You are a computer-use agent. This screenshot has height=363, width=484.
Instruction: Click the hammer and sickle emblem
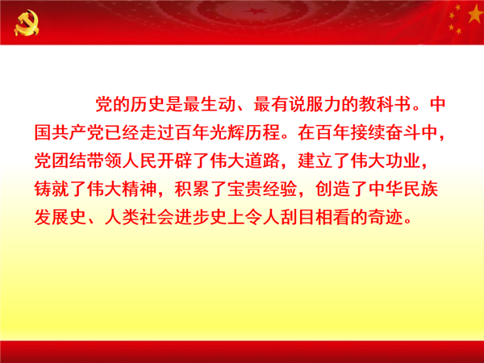(x=27, y=23)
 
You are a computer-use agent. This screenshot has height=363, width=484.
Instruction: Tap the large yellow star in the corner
(x=476, y=14)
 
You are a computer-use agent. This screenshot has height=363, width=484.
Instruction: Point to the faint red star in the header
(x=256, y=11)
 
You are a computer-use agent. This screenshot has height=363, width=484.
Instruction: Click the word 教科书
(x=385, y=104)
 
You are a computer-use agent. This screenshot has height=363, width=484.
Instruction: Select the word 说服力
(x=315, y=104)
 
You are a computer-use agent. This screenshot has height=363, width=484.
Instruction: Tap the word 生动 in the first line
(x=218, y=104)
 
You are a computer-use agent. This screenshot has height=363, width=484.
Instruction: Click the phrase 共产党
(x=77, y=133)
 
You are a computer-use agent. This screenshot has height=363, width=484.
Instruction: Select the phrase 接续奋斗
(x=386, y=133)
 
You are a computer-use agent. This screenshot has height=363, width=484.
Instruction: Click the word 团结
(x=69, y=161)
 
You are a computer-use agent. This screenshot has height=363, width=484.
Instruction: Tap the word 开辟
(x=174, y=161)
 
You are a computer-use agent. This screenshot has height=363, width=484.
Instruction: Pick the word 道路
(x=262, y=161)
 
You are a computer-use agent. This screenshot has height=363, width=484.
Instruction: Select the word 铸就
(x=52, y=189)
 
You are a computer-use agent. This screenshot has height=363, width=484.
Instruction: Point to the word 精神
(x=140, y=189)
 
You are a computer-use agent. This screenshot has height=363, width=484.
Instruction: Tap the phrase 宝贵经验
(x=262, y=189)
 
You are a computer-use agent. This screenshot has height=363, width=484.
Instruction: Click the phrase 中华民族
(x=403, y=189)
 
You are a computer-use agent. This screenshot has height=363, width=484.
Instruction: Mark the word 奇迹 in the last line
(x=386, y=217)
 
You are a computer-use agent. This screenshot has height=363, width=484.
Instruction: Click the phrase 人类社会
(x=140, y=217)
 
